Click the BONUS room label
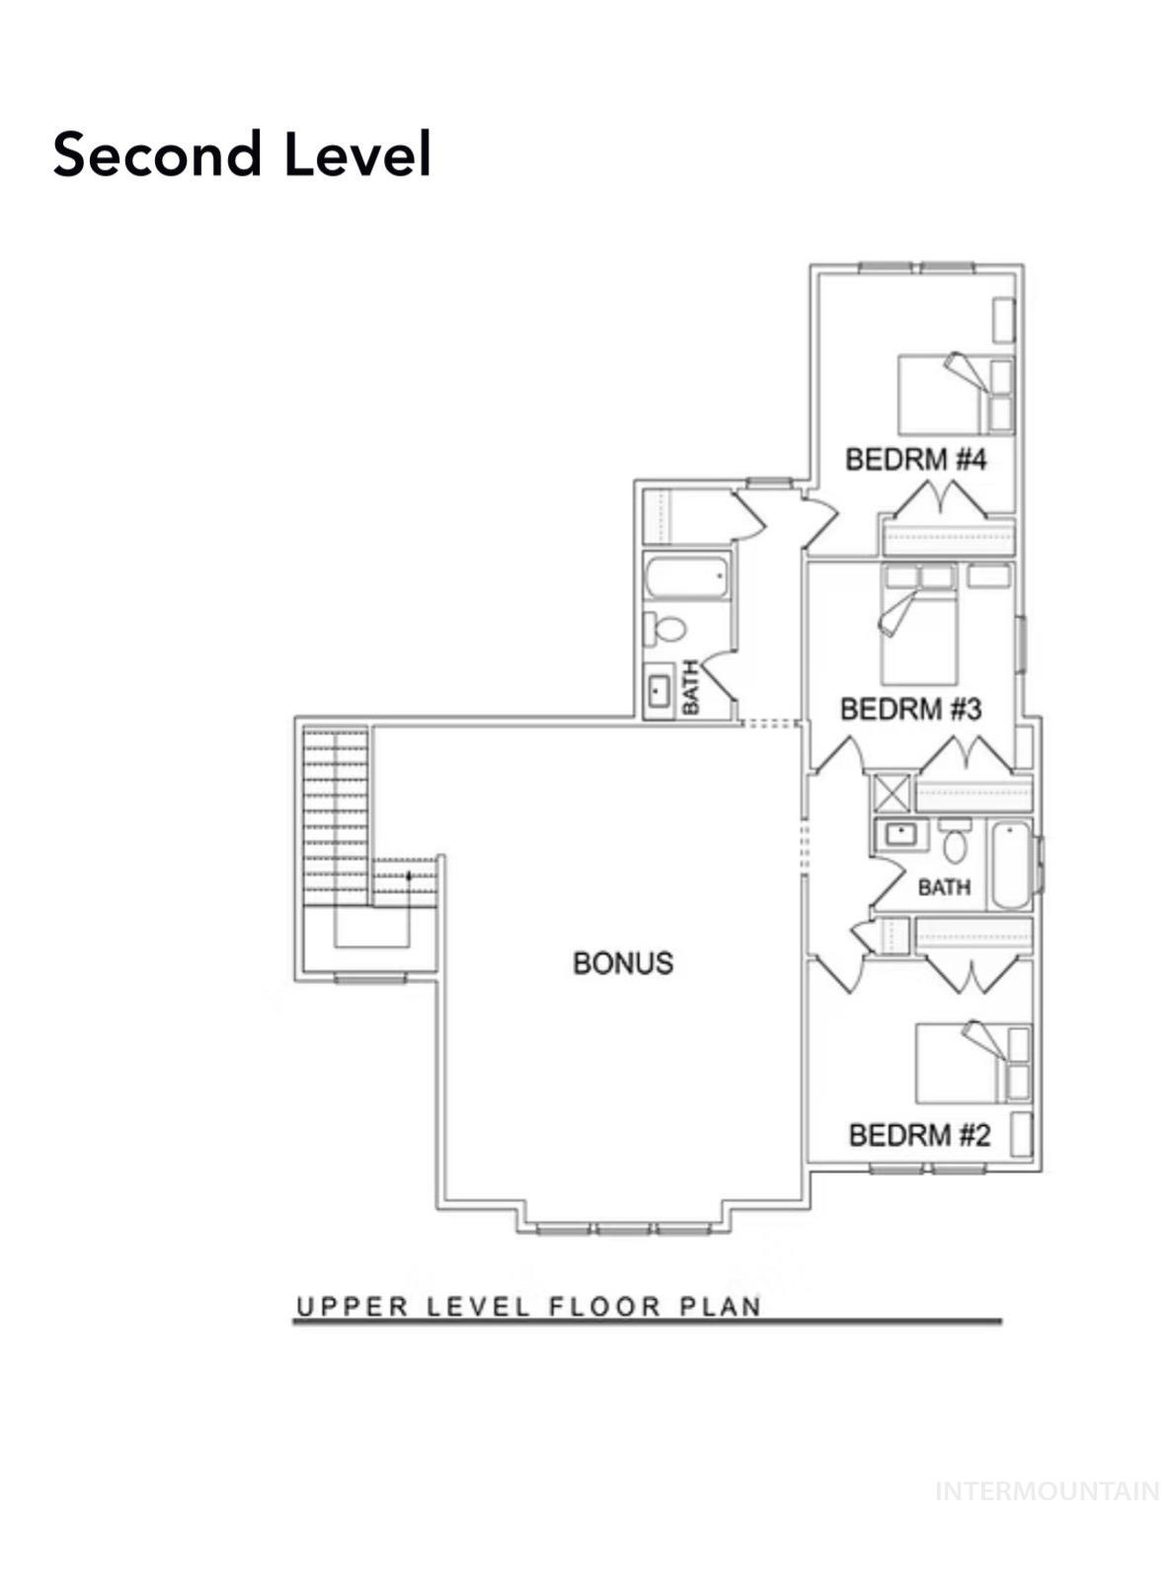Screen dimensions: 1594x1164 point(623,962)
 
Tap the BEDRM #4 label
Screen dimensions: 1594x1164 point(915,459)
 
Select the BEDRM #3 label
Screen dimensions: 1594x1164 point(909,709)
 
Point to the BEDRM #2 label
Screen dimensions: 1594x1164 point(918,1135)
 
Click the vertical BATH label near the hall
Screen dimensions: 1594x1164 point(690,687)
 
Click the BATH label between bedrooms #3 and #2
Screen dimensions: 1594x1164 point(944,887)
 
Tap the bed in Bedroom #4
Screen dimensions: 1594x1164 point(943,393)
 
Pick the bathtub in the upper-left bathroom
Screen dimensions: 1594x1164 point(687,577)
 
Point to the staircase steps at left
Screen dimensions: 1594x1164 point(336,809)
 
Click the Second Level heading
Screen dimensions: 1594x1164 point(242,155)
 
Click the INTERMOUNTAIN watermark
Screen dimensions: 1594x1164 point(1047,1490)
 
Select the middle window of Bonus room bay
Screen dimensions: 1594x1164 point(623,1229)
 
